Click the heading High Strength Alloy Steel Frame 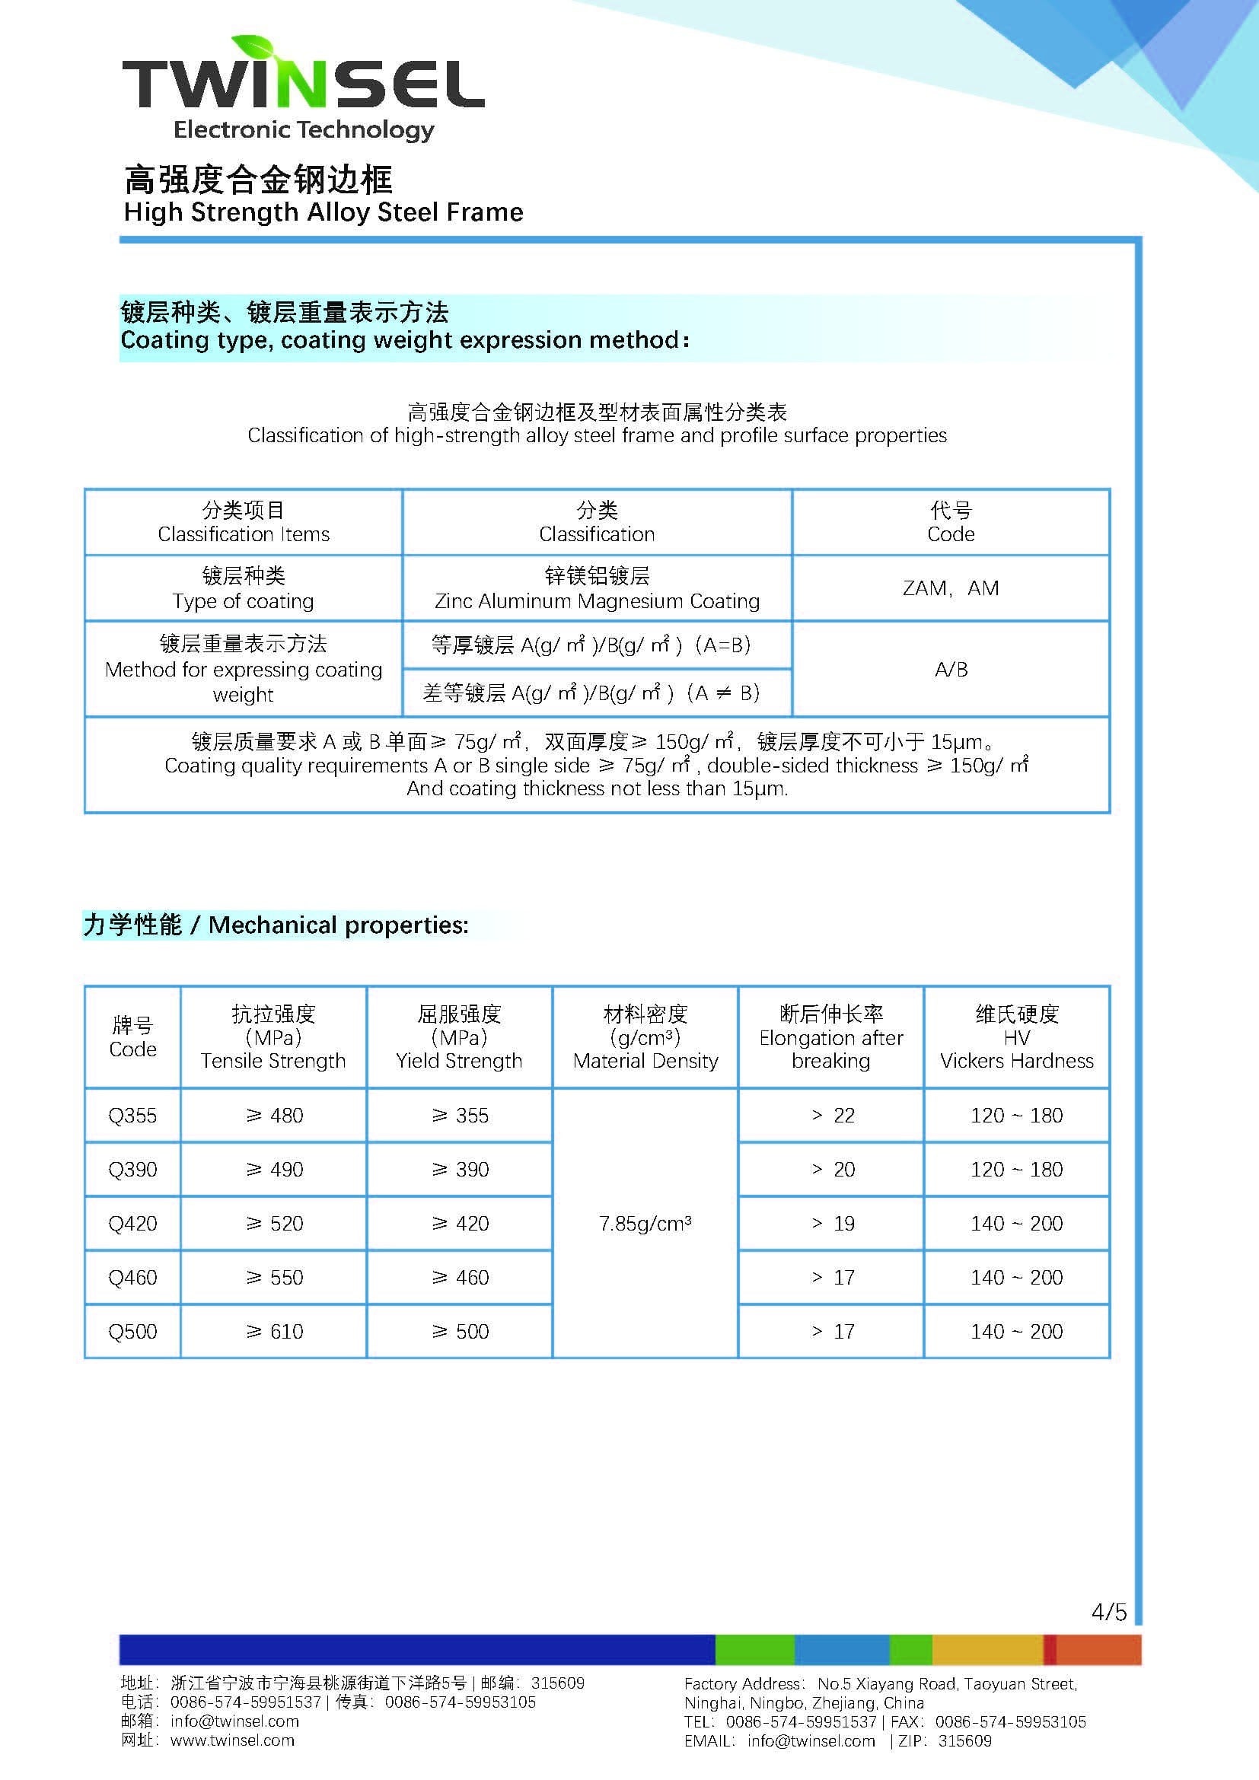click(x=324, y=212)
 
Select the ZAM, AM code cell click(x=951, y=588)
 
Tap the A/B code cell click(x=951, y=669)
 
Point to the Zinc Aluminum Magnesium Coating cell click(x=597, y=589)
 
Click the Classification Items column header click(x=244, y=523)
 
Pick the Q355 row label click(x=132, y=1116)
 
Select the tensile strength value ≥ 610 click(x=275, y=1331)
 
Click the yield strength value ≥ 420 click(x=460, y=1224)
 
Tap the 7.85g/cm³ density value click(x=645, y=1224)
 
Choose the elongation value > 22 click(x=833, y=1116)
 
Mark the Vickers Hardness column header click(x=1016, y=1037)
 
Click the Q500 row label click(x=132, y=1331)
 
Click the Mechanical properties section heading click(x=276, y=925)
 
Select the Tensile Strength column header click(x=273, y=1037)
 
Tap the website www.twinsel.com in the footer click(x=232, y=1740)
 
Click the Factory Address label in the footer click(x=743, y=1684)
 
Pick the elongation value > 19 click(x=833, y=1224)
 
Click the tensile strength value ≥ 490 click(x=275, y=1169)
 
